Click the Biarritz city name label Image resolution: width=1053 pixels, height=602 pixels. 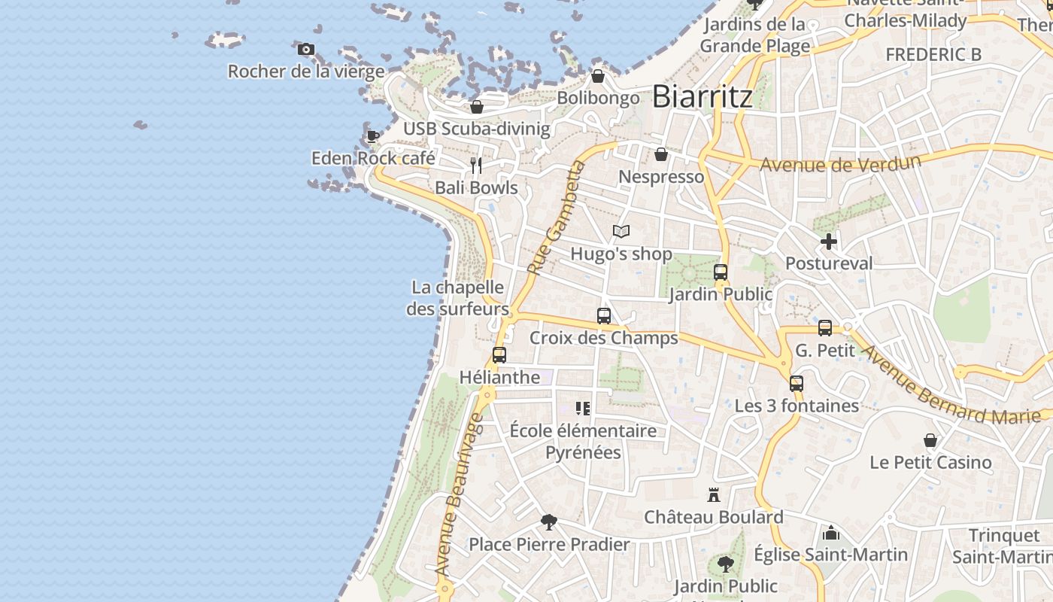pyautogui.click(x=702, y=96)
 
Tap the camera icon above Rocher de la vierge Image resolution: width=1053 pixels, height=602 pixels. pyautogui.click(x=306, y=50)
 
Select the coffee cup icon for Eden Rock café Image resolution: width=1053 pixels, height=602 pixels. pyautogui.click(x=372, y=136)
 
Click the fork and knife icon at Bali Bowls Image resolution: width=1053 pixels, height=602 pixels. pyautogui.click(x=476, y=165)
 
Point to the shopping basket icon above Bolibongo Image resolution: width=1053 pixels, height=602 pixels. pyautogui.click(x=598, y=76)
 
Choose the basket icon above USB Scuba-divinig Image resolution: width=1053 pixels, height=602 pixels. pyautogui.click(x=476, y=107)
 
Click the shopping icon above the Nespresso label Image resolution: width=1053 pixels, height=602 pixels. pyautogui.click(x=661, y=154)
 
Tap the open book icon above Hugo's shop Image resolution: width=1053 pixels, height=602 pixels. pyautogui.click(x=621, y=231)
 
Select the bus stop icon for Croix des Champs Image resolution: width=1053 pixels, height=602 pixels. pyautogui.click(x=604, y=316)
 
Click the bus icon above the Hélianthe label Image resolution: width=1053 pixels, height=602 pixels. pyautogui.click(x=499, y=355)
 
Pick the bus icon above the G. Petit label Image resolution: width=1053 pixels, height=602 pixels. pyautogui.click(x=825, y=328)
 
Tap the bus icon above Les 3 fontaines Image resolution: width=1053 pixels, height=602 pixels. pyautogui.click(x=797, y=384)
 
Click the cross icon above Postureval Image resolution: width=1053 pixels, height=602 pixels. pyautogui.click(x=829, y=242)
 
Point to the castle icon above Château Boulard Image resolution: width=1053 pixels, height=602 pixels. pyautogui.click(x=714, y=495)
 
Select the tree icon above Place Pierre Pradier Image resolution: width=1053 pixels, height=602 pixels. pyautogui.click(x=549, y=521)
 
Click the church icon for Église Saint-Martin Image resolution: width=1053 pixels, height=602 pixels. pyautogui.click(x=831, y=533)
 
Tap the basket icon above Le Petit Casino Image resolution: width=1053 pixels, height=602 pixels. pyautogui.click(x=930, y=440)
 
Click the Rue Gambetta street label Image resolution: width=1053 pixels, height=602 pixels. pyautogui.click(x=556, y=218)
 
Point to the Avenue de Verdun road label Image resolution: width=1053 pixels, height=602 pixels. pyautogui.click(x=840, y=163)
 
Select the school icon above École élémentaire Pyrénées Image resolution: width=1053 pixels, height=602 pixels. pyautogui.click(x=583, y=409)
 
